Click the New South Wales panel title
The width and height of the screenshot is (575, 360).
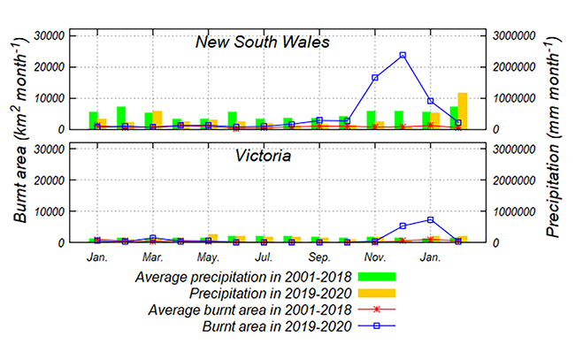pyautogui.click(x=263, y=42)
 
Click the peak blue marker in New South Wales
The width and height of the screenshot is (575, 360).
pyautogui.click(x=402, y=55)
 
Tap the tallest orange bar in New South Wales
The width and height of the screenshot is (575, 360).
pyautogui.click(x=462, y=111)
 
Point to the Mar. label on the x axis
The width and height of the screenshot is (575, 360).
pyautogui.click(x=152, y=257)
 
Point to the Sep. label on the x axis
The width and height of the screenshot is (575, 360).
pyautogui.click(x=319, y=257)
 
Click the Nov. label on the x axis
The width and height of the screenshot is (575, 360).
pyautogui.click(x=375, y=257)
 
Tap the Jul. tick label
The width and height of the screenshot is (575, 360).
pyautogui.click(x=264, y=257)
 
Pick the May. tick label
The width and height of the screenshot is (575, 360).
pyautogui.click(x=208, y=257)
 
